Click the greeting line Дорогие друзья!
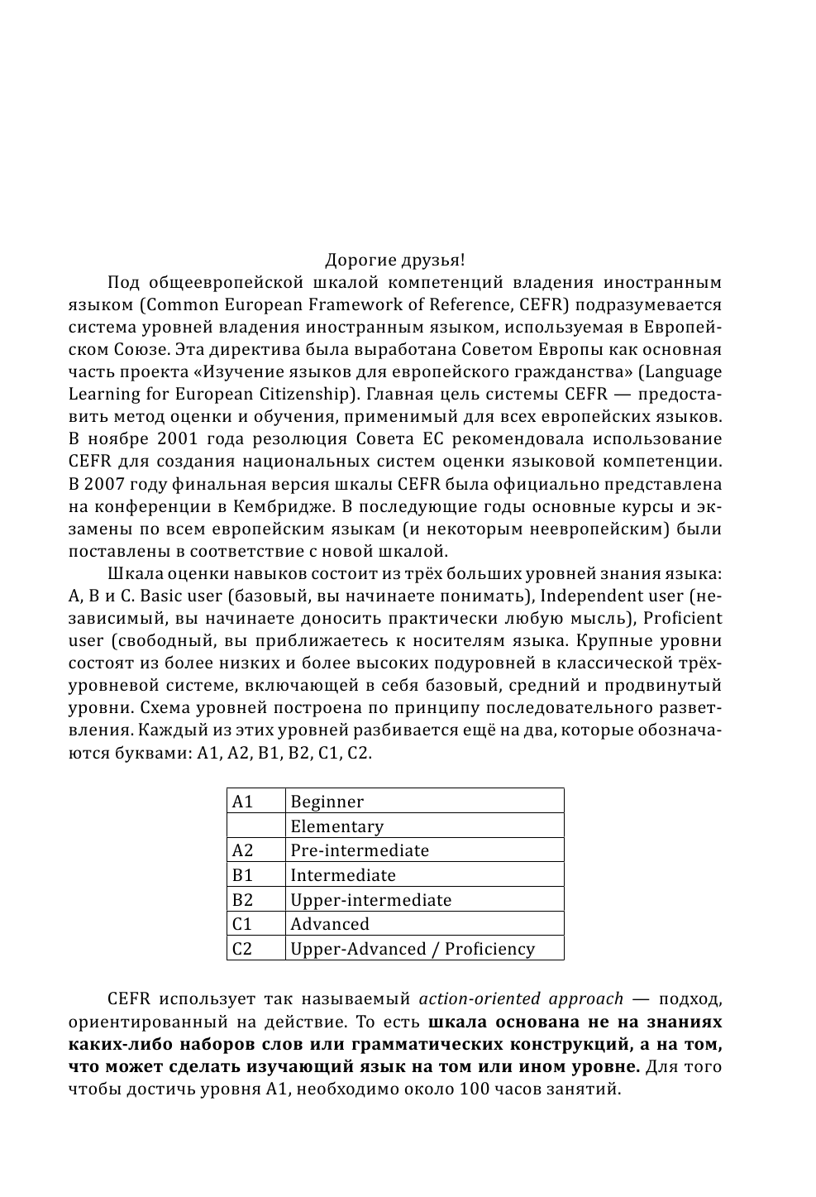click(x=394, y=261)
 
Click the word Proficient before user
click(x=682, y=618)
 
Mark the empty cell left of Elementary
click(x=255, y=826)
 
